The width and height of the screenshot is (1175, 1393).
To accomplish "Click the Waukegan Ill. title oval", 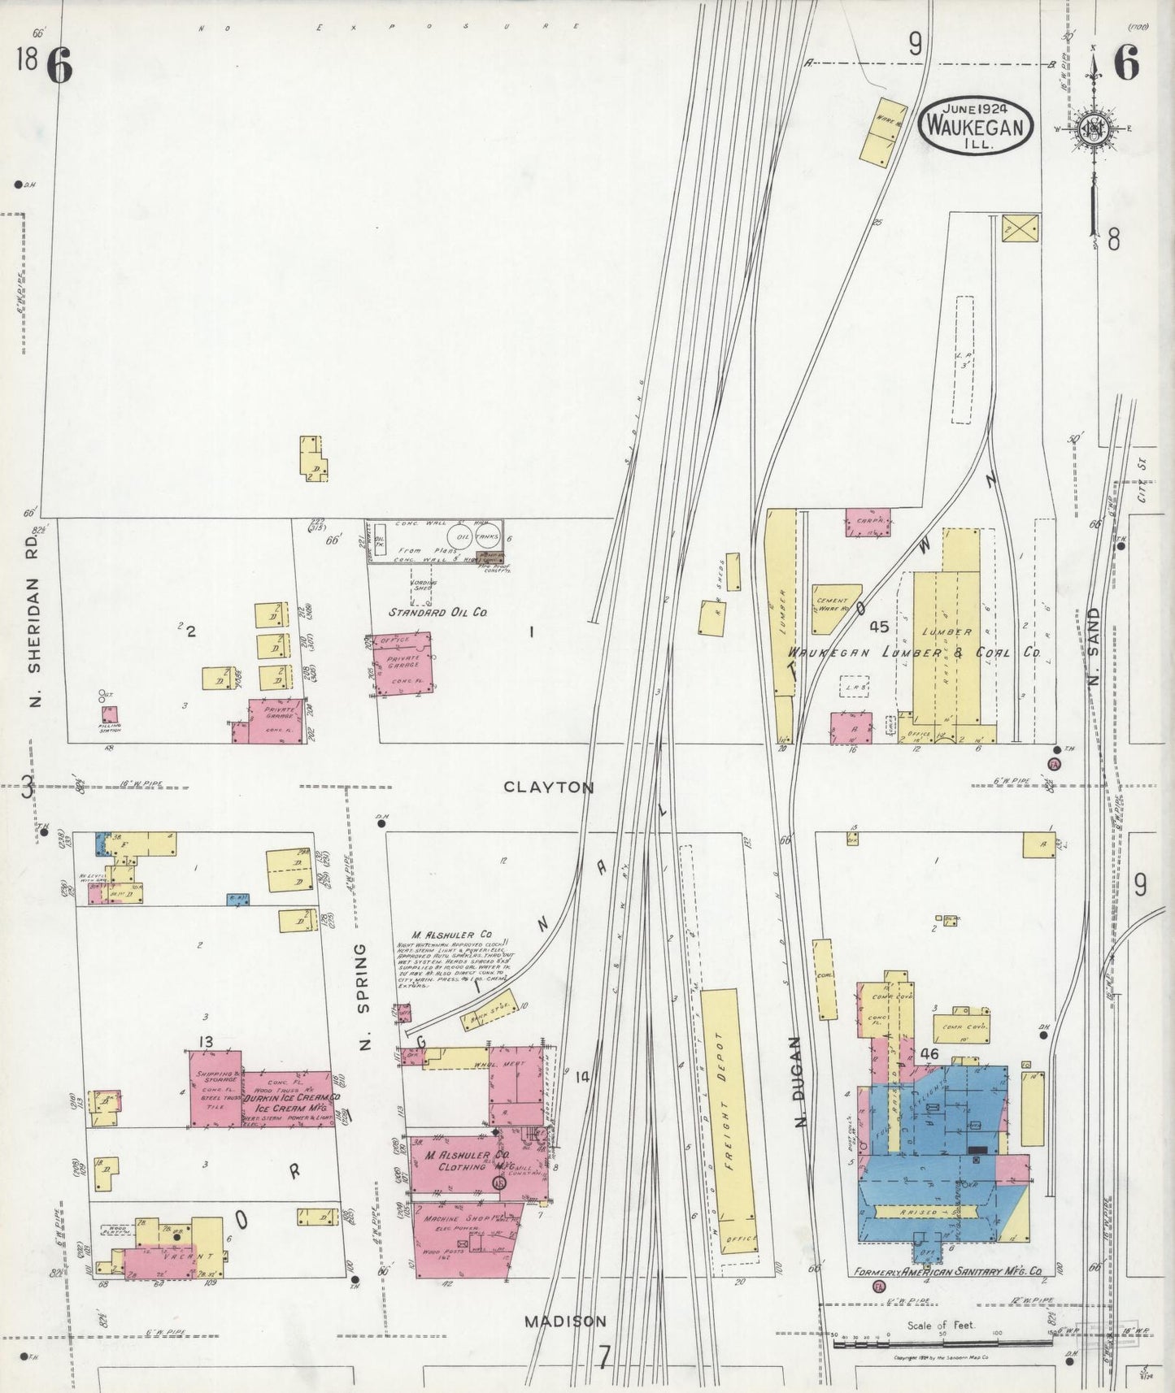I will click(976, 127).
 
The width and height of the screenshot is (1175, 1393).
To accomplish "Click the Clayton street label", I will click(549, 787).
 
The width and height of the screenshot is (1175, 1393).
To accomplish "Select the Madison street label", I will click(564, 1321).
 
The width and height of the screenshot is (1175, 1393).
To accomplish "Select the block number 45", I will click(878, 627).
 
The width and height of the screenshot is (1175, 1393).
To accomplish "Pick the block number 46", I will click(930, 1054).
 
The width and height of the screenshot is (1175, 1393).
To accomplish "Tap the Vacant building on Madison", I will click(167, 1255).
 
